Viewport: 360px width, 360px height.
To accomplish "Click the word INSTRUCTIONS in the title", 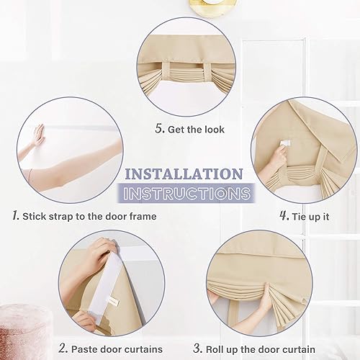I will (186, 193).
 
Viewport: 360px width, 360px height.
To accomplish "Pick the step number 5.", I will (159, 130).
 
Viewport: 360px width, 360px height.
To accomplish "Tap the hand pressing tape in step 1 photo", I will (38, 134).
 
